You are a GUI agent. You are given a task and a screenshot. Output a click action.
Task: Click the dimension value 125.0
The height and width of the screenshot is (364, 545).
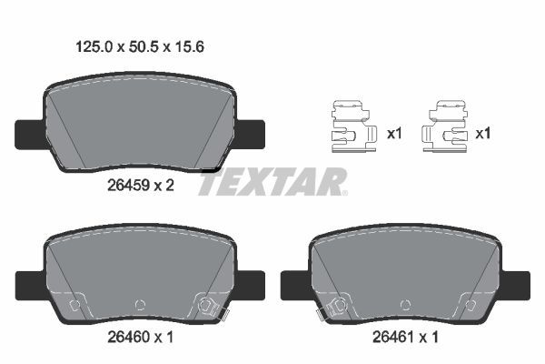click(x=94, y=46)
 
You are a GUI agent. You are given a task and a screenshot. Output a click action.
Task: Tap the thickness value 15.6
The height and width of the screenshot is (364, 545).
click(x=189, y=46)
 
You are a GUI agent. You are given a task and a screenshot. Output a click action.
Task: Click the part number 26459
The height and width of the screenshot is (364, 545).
click(x=128, y=186)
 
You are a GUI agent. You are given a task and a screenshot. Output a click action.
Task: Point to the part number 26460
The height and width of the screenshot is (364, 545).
click(x=128, y=337)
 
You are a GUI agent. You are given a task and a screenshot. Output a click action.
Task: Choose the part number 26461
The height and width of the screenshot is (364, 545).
click(x=393, y=337)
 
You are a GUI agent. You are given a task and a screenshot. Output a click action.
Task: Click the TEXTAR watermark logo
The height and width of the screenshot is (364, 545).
click(x=272, y=181)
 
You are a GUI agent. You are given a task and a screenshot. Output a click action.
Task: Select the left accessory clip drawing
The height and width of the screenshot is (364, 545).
click(x=353, y=126)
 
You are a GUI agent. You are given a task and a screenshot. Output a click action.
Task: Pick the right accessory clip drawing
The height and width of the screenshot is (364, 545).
click(x=444, y=126)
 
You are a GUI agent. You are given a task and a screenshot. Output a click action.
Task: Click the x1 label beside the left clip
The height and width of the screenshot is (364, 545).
click(x=394, y=133)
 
